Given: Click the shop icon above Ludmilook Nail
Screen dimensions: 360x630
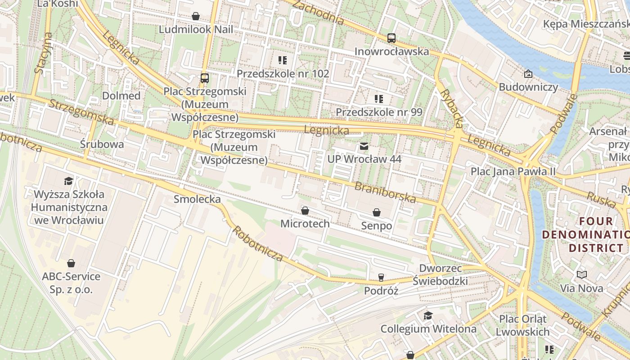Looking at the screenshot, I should [x=196, y=17].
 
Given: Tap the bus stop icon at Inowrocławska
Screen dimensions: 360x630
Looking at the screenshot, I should [x=391, y=38].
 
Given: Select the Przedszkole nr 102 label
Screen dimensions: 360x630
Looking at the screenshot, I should [x=283, y=73].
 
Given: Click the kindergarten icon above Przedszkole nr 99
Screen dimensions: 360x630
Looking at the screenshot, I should [x=379, y=99].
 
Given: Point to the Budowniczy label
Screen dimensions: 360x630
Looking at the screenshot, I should [x=528, y=87].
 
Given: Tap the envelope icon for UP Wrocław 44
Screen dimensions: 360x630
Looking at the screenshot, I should [x=364, y=146].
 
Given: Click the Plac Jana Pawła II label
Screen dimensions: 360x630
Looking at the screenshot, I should [x=513, y=171].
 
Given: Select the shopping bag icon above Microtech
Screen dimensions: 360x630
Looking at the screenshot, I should [x=305, y=211].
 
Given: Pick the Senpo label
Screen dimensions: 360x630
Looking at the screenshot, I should [x=376, y=226].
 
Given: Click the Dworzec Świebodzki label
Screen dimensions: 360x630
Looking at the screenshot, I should [x=440, y=274].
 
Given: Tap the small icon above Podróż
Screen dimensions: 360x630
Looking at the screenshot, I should [x=381, y=277].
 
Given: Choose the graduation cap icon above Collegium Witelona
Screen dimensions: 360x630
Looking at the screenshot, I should [x=428, y=315].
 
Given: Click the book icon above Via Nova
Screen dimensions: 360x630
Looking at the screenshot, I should [x=582, y=274].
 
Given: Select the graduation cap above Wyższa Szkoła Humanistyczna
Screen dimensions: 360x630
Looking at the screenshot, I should [x=68, y=181].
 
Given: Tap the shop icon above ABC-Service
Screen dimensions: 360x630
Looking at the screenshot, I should [x=71, y=263].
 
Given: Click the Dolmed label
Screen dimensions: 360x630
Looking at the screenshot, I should [x=121, y=96].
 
